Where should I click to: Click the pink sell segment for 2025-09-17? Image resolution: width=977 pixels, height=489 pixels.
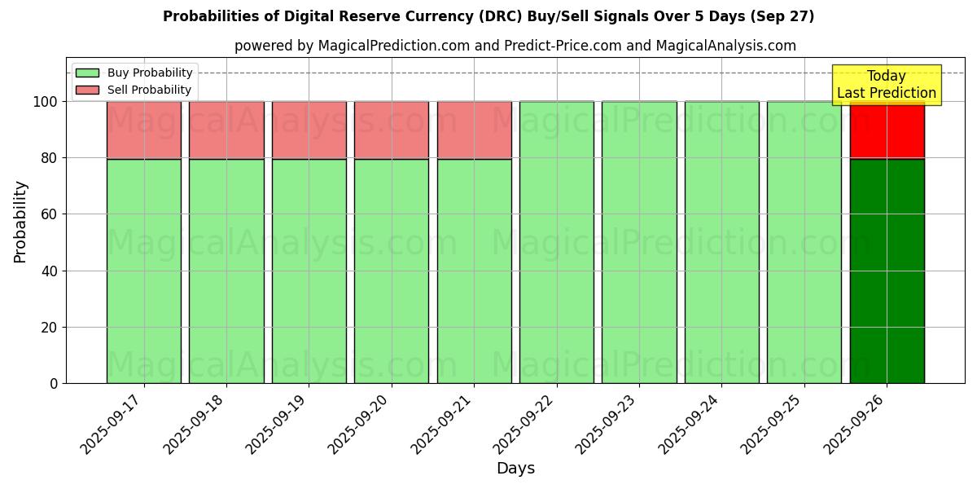144,130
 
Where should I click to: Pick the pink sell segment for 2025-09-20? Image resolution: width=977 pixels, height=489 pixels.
392,130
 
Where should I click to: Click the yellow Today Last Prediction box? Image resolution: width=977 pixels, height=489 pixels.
886,85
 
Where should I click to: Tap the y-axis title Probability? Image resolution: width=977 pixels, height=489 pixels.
20,222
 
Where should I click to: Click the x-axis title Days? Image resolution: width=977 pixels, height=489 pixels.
515,469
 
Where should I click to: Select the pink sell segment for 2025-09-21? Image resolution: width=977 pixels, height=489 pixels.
474,130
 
